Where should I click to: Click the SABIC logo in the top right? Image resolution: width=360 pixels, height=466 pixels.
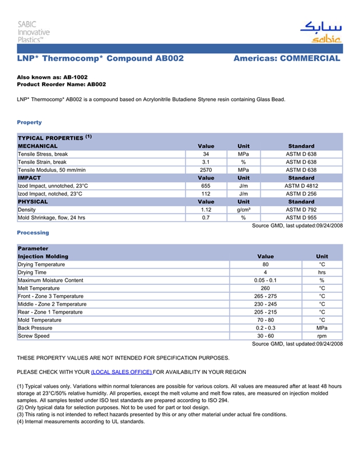320,32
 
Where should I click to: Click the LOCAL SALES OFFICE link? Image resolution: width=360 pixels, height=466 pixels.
121,372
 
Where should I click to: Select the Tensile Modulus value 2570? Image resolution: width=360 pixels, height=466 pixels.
206,170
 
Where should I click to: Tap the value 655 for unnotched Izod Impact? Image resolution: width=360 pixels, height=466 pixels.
206,186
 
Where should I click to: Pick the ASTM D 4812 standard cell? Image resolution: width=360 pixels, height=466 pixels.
301,186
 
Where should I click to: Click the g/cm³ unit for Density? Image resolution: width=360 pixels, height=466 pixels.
243,210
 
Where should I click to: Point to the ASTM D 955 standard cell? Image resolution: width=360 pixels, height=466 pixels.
301,218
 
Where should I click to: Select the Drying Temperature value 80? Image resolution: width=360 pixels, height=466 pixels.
265,264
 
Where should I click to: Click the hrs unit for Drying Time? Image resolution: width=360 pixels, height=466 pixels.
322,272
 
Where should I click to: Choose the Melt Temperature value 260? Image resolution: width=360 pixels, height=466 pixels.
265,288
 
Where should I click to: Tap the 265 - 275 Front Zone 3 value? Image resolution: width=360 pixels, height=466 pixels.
265,296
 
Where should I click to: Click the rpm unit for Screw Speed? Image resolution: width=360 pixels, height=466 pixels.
322,336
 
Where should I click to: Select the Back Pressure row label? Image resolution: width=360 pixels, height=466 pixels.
35,328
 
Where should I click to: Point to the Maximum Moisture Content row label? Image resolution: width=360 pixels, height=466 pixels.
50,280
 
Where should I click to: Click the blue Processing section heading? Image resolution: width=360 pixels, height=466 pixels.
33,232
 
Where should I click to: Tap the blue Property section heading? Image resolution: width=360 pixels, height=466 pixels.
29,122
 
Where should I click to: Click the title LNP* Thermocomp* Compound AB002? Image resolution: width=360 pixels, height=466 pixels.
100,59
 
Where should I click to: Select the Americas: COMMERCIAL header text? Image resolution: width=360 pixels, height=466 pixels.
286,59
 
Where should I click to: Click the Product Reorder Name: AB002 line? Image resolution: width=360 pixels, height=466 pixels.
61,84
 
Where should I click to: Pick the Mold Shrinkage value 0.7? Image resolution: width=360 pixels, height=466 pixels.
206,218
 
